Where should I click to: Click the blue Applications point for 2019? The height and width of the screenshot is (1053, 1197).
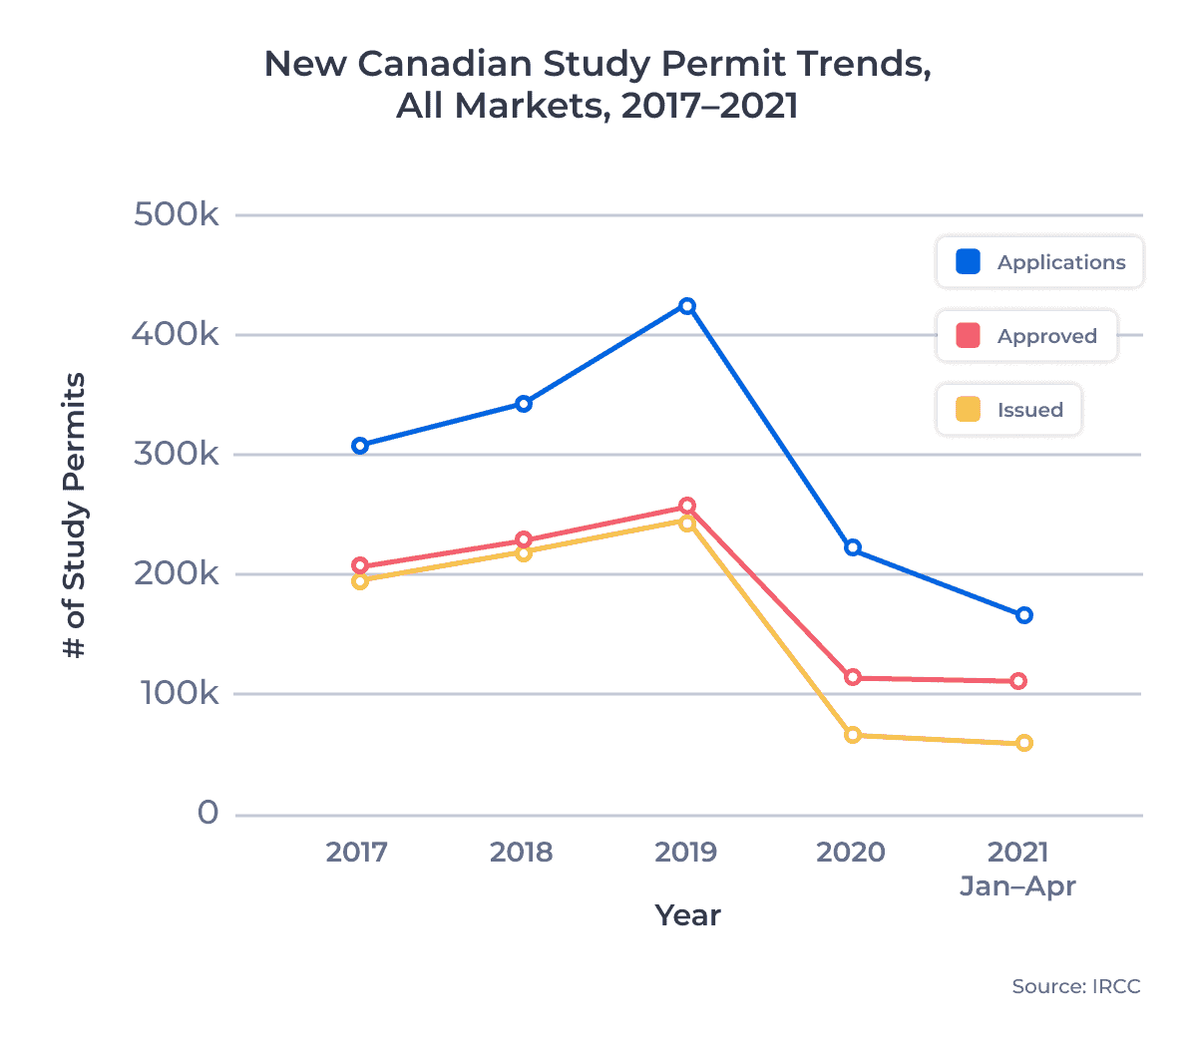(x=687, y=306)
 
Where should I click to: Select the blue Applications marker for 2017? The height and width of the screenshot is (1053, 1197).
(x=360, y=446)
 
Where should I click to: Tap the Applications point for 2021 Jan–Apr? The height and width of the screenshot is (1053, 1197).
(x=1024, y=615)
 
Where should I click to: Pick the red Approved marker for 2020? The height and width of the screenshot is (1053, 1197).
(x=853, y=677)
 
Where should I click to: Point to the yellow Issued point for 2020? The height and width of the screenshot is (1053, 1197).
(x=853, y=735)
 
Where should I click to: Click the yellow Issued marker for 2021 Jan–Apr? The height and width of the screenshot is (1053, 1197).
(x=1024, y=743)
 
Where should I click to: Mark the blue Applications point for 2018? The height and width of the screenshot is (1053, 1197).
(x=524, y=404)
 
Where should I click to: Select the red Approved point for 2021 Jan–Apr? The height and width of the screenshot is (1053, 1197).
(x=1018, y=681)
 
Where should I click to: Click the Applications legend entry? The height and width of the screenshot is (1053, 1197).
(x=1039, y=262)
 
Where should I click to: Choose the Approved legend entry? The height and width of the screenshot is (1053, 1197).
(x=1026, y=336)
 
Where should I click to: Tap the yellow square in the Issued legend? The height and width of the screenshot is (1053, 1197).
(x=968, y=410)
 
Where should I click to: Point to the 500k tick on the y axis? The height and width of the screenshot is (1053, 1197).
(x=177, y=214)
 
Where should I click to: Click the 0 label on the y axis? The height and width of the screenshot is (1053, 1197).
(x=207, y=814)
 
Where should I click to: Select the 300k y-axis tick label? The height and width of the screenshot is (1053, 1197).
(x=177, y=455)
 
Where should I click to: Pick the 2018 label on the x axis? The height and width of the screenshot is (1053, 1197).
(x=521, y=852)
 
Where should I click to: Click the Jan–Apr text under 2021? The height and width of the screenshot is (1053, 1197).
(x=1017, y=886)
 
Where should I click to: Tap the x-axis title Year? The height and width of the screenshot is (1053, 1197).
(x=687, y=915)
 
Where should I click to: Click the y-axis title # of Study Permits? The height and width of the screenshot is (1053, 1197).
(x=75, y=516)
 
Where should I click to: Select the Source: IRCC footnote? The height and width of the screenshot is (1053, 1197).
(x=1075, y=986)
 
